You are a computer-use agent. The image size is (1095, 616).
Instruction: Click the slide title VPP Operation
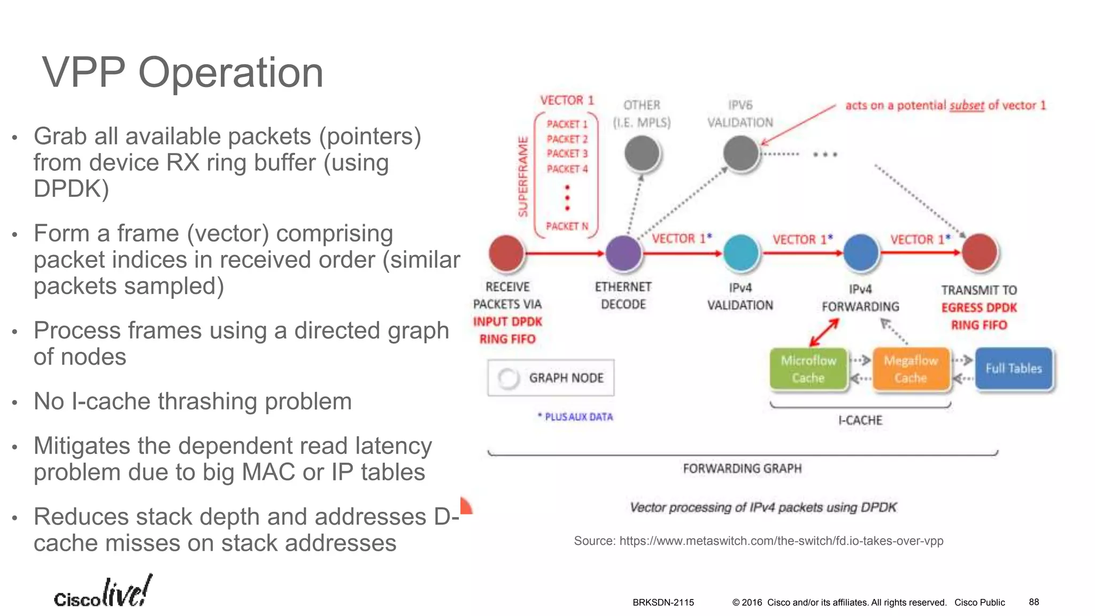pyautogui.click(x=183, y=73)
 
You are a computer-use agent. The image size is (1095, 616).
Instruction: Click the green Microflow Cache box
pyautogui.click(x=808, y=369)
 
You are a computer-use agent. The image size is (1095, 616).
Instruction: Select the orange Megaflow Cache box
pyautogui.click(x=911, y=369)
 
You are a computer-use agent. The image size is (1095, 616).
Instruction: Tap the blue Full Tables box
pyautogui.click(x=1014, y=368)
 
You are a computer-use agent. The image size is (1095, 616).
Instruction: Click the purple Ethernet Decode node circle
pyautogui.click(x=623, y=252)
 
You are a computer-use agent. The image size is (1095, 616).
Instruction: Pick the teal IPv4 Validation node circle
pyautogui.click(x=741, y=252)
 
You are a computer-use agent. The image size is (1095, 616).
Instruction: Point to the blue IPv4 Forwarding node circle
pyautogui.click(x=861, y=252)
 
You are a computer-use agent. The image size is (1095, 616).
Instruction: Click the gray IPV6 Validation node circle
pyautogui.click(x=741, y=153)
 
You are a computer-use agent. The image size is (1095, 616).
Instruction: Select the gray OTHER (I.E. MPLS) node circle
pyautogui.click(x=642, y=153)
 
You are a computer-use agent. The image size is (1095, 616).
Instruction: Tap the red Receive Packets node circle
pyautogui.click(x=506, y=252)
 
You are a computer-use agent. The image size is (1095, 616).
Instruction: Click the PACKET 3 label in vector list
pyautogui.click(x=567, y=154)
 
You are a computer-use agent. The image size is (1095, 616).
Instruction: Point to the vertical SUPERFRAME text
pyautogui.click(x=523, y=176)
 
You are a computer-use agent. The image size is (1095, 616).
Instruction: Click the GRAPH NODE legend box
pyautogui.click(x=551, y=378)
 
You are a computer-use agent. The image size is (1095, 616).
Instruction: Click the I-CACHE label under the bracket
pyautogui.click(x=860, y=421)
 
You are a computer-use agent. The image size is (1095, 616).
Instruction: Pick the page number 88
pyautogui.click(x=1034, y=602)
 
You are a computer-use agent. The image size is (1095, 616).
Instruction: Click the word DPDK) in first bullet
pyautogui.click(x=71, y=189)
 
